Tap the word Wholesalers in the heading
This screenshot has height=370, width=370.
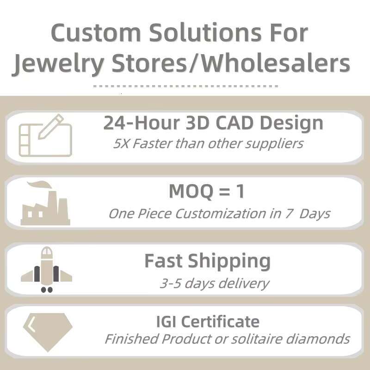click(276, 64)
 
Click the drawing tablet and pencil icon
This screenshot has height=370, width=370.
click(45, 135)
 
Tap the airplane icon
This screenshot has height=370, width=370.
click(46, 270)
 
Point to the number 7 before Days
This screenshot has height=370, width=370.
click(291, 214)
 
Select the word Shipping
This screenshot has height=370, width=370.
click(229, 261)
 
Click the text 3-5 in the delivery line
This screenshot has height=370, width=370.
click(170, 283)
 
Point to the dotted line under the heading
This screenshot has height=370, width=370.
click(185, 86)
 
